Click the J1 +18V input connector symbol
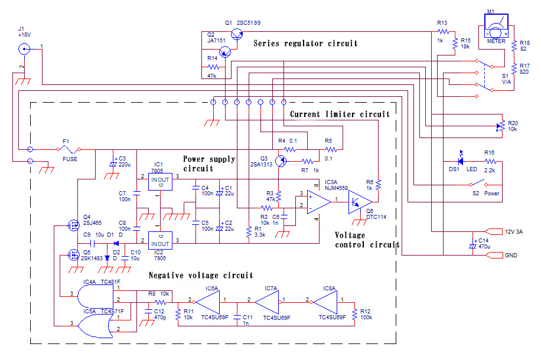tap(24, 49)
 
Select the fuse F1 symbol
tap(69, 149)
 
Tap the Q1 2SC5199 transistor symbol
tap(237, 34)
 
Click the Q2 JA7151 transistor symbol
tap(225, 53)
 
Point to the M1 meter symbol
tap(496, 26)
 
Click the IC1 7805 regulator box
tap(160, 181)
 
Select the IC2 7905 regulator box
tap(160, 240)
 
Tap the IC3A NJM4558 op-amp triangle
tap(319, 202)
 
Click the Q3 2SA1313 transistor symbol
tap(281, 161)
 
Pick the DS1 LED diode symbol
tap(460, 161)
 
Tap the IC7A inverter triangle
tap(268, 302)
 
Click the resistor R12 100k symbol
tap(354, 315)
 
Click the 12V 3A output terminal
tap(494, 232)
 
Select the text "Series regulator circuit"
tap(305, 44)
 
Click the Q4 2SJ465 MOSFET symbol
tap(73, 225)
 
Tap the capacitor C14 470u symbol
tap(472, 246)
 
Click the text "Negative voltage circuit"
tap(201, 275)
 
